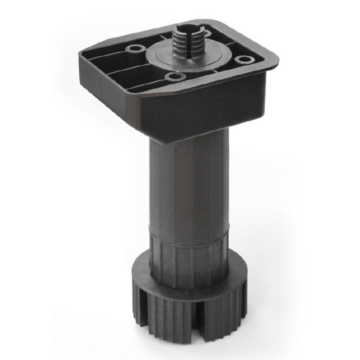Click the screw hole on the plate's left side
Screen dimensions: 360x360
coord(134,49)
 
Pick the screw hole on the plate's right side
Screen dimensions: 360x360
coord(243,59)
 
